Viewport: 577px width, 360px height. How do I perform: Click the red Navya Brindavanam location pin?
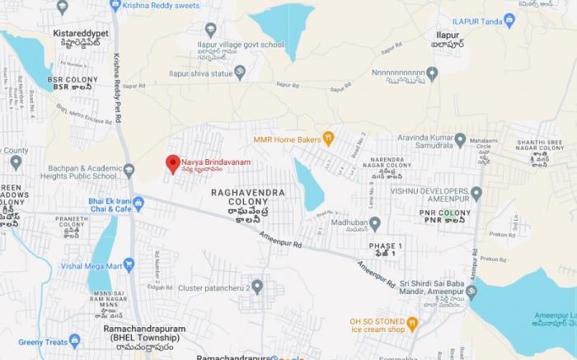pyautogui.click(x=172, y=163)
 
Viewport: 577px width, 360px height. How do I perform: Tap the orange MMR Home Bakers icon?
pyautogui.click(x=328, y=138)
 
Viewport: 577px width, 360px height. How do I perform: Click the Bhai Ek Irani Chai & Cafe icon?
pyautogui.click(x=138, y=203)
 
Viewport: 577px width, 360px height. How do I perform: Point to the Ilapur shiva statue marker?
pyautogui.click(x=240, y=72)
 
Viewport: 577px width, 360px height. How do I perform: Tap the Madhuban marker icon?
pyautogui.click(x=375, y=223)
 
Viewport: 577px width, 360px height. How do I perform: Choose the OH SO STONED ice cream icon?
pyautogui.click(x=412, y=325)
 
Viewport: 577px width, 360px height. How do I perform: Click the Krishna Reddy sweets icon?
pyautogui.click(x=115, y=5)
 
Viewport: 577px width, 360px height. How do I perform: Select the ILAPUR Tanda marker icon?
pyautogui.click(x=509, y=21)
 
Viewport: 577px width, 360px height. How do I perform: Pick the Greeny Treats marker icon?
pyautogui.click(x=75, y=340)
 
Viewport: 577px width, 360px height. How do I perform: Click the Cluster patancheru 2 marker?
pyautogui.click(x=257, y=287)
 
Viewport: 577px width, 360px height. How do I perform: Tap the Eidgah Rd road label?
pyautogui.click(x=166, y=286)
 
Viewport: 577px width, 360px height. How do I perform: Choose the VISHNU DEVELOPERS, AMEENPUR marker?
pyautogui.click(x=476, y=193)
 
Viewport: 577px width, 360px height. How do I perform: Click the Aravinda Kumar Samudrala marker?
pyautogui.click(x=460, y=139)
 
